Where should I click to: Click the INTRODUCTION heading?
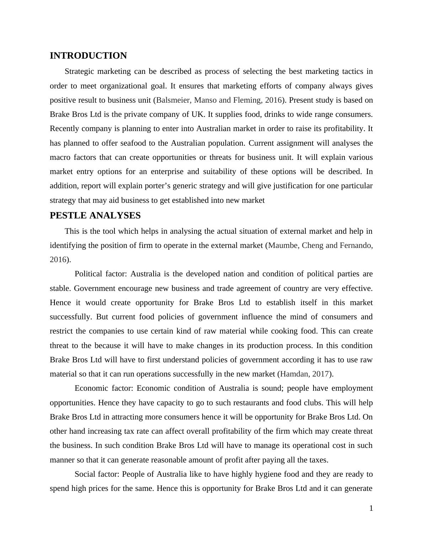tap(88, 56)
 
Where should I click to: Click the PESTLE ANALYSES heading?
tap(95, 216)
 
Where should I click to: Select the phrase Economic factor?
tap(103, 388)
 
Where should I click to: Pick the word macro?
tap(59, 157)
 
